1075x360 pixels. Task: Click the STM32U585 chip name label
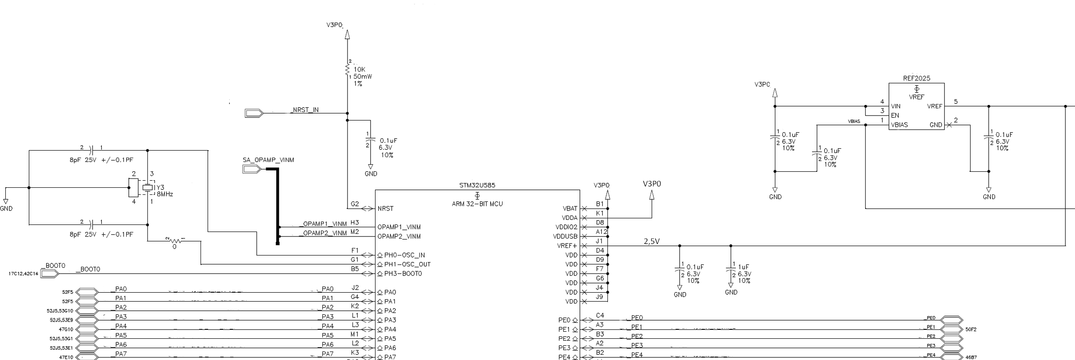click(477, 186)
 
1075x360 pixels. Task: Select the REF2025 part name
click(916, 78)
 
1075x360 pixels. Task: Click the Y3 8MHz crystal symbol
click(147, 188)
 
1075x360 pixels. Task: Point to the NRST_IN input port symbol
click(254, 113)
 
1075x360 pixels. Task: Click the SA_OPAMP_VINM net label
click(268, 160)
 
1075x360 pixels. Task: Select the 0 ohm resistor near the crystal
click(175, 241)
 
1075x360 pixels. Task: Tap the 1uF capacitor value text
click(744, 267)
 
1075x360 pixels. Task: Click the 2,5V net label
click(651, 241)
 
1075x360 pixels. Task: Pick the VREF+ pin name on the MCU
click(567, 246)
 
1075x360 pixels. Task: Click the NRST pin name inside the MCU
click(386, 209)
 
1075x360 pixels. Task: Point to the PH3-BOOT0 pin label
click(403, 274)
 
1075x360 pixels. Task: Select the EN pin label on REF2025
click(895, 116)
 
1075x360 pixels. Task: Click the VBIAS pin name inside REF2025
click(899, 125)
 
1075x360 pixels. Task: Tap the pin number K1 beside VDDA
click(600, 213)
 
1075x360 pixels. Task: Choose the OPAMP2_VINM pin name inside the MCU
click(399, 236)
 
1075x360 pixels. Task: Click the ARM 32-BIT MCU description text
click(477, 204)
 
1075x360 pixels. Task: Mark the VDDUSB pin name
click(565, 236)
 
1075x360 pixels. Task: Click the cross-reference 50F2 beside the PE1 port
click(971, 329)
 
